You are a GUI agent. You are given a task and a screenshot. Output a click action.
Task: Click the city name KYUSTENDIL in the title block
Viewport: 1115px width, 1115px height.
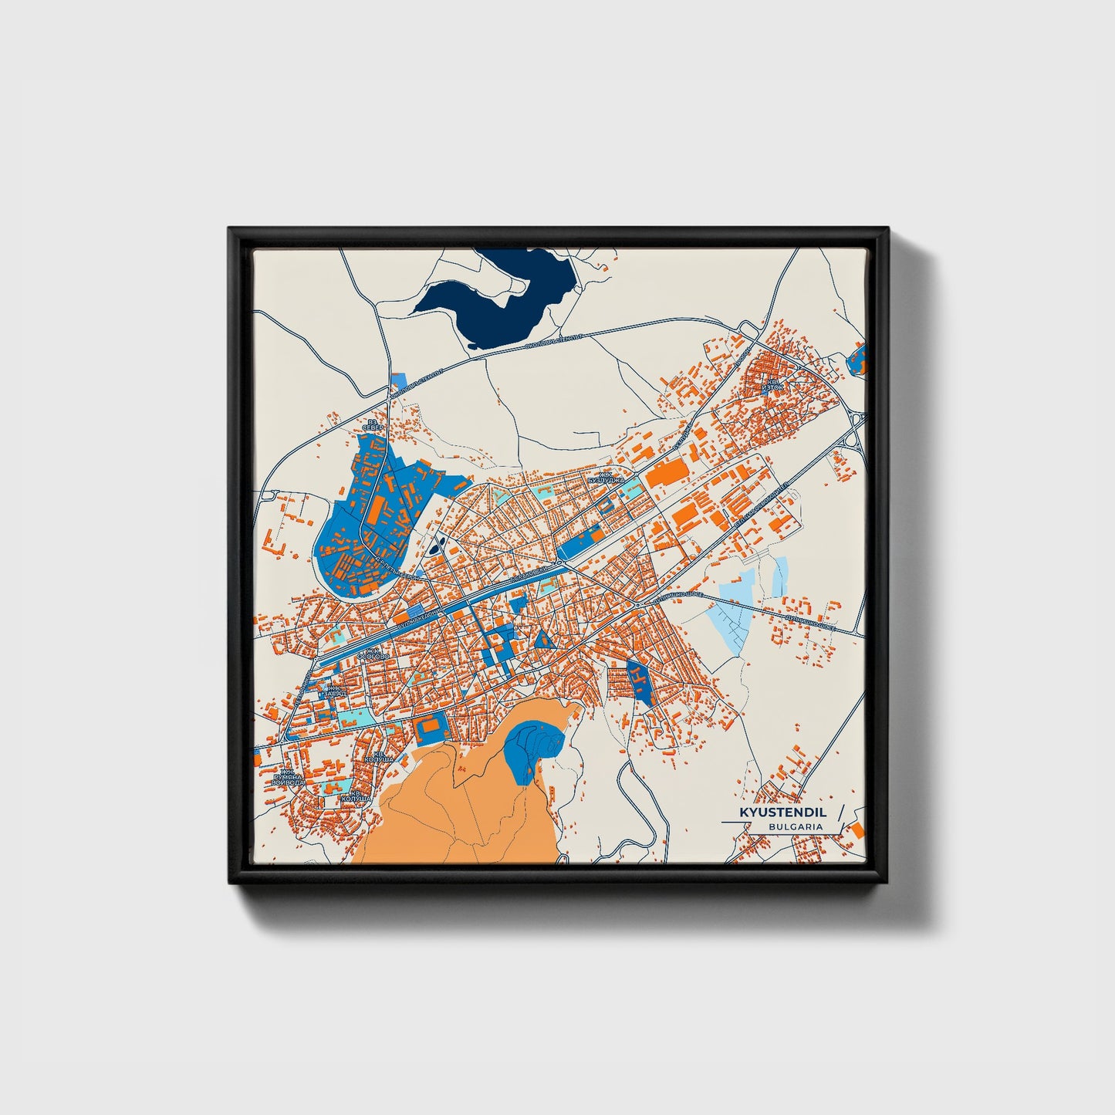click(782, 813)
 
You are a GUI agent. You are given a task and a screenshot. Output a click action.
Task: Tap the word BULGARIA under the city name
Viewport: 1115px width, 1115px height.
click(795, 826)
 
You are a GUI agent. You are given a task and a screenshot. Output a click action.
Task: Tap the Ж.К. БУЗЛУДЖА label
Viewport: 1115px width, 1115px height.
click(606, 478)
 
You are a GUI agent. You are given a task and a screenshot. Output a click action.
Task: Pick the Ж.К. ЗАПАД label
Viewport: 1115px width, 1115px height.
click(334, 690)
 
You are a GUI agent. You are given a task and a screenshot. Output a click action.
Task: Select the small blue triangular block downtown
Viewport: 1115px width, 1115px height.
click(543, 639)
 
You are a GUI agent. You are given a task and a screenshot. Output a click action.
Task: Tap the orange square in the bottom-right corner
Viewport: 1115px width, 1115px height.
click(857, 829)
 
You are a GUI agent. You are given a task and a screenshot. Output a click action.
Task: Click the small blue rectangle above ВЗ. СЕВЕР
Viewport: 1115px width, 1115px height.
click(399, 380)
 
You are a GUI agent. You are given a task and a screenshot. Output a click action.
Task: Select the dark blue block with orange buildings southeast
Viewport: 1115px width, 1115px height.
click(639, 681)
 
